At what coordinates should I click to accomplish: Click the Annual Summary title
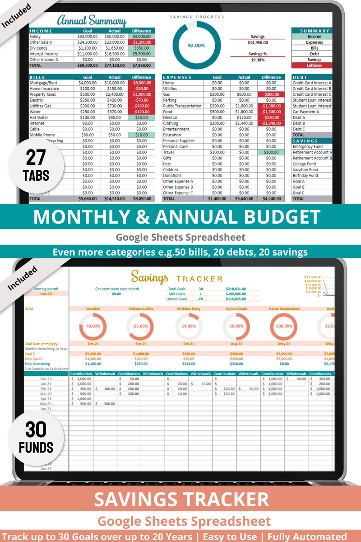point(92,21)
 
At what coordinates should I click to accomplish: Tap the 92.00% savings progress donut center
point(196,45)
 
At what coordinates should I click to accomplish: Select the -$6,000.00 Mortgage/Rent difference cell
point(141,83)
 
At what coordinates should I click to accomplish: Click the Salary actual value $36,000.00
point(115,37)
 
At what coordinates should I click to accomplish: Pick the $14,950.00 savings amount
point(258,42)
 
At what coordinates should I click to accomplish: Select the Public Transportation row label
point(182,106)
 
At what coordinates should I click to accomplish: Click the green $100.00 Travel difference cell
point(271,153)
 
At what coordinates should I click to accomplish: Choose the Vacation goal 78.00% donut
point(93,326)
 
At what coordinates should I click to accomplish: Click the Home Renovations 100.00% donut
point(284,326)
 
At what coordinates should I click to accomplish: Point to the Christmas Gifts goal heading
point(140,309)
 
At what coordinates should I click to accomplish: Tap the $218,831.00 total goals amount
point(236,288)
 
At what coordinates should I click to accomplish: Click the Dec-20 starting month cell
point(45,294)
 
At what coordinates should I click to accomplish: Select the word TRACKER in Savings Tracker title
point(199,279)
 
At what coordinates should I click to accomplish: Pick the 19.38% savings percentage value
point(258,60)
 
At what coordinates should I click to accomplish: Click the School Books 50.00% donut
point(236,326)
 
